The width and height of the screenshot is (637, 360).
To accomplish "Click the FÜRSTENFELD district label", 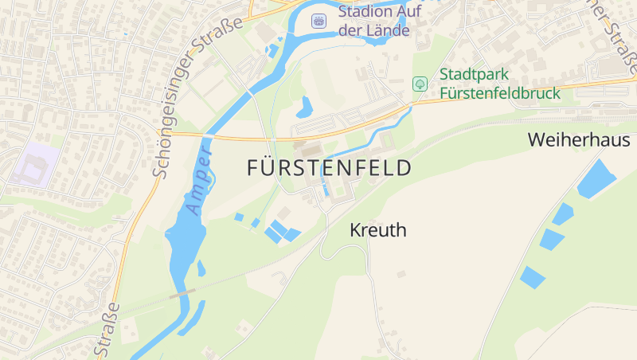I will (x=330, y=168).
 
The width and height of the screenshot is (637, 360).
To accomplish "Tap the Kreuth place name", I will (x=378, y=230).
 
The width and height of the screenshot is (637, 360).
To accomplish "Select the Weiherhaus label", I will (x=579, y=140).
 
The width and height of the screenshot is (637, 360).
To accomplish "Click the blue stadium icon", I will (x=319, y=20).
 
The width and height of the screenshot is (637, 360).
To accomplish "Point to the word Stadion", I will (x=365, y=11).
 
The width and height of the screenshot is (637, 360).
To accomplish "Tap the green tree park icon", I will (x=420, y=84).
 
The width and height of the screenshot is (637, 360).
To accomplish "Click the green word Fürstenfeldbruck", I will (x=500, y=93).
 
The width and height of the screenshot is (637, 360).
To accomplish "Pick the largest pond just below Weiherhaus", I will (x=596, y=179).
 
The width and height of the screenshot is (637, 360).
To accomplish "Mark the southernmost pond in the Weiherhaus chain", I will (x=532, y=277).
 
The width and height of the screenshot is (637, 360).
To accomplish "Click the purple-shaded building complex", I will (x=33, y=166).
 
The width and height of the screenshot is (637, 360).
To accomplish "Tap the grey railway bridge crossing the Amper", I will (x=182, y=293).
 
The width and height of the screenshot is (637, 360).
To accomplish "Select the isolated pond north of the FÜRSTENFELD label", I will (x=305, y=107).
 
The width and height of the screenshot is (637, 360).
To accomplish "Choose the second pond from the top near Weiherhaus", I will (x=563, y=213).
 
